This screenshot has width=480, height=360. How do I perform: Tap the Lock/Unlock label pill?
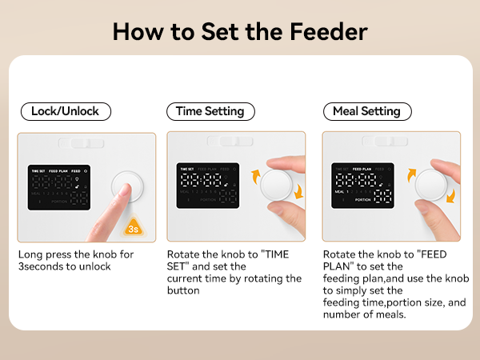click(x=65, y=111)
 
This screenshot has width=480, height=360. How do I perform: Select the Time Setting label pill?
click(x=210, y=111)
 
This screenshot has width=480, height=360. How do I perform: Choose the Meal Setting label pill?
click(x=366, y=111)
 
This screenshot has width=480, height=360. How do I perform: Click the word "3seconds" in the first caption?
click(x=43, y=267)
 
